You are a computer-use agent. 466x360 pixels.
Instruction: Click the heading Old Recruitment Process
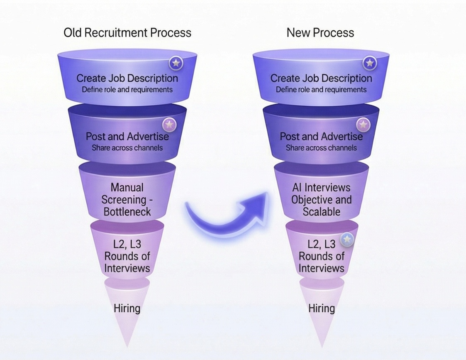click(127, 33)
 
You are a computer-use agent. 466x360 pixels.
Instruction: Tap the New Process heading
click(320, 33)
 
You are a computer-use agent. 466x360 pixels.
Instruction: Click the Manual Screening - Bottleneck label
click(127, 200)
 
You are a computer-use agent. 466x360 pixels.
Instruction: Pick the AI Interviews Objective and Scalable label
click(321, 200)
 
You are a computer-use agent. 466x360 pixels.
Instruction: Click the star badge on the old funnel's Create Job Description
click(176, 64)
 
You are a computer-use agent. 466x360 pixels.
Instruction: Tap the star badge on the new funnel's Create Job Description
click(369, 64)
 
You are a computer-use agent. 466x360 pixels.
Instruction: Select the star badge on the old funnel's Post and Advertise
click(169, 124)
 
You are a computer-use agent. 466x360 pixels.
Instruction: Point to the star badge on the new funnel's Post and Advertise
click(363, 124)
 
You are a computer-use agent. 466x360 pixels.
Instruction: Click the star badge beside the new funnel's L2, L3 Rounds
click(347, 239)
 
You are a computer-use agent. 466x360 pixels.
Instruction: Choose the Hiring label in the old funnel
click(127, 308)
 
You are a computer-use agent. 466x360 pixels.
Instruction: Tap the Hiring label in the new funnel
click(321, 308)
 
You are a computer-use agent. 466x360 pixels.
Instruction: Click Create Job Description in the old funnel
click(127, 78)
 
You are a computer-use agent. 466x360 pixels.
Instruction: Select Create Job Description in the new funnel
click(321, 78)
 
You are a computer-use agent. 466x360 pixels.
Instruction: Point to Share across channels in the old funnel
click(127, 148)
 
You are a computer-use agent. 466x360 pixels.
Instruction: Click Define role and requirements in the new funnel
click(321, 89)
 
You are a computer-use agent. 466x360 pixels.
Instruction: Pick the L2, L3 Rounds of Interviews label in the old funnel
click(127, 256)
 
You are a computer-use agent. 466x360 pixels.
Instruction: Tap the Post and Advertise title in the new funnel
click(321, 136)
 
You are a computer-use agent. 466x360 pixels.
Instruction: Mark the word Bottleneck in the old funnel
click(127, 212)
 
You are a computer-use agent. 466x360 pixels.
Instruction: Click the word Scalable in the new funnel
click(321, 212)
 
